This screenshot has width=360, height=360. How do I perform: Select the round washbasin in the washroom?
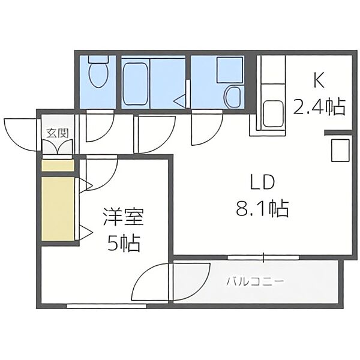point(232,97)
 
